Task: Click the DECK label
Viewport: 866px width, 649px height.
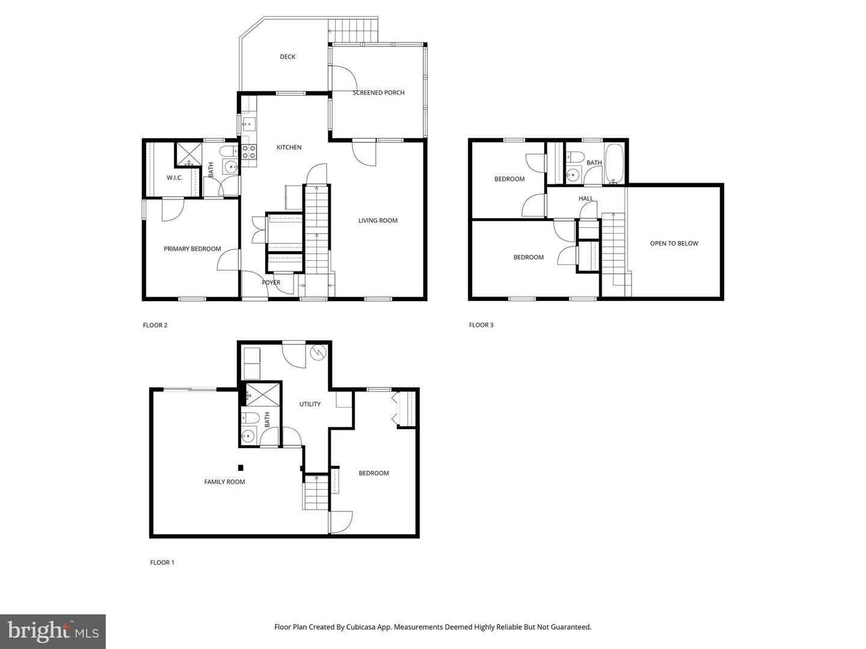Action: point(287,56)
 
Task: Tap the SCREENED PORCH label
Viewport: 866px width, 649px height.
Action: point(378,93)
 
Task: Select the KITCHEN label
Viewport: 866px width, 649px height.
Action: point(289,147)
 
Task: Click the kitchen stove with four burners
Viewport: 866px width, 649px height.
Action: point(249,151)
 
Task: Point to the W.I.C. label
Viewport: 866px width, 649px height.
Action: point(174,178)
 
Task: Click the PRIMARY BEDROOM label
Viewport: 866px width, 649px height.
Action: point(192,249)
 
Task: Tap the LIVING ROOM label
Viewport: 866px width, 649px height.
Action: point(378,221)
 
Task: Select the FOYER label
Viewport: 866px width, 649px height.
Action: point(271,282)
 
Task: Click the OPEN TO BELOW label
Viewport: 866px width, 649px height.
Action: point(674,243)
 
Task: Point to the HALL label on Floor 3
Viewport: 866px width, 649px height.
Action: point(586,198)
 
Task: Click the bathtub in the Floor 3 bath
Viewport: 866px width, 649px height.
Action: point(613,164)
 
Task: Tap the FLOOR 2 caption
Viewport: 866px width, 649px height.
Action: point(155,325)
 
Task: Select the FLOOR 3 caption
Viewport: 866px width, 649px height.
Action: point(481,325)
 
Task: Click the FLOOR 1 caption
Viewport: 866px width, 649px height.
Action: point(162,562)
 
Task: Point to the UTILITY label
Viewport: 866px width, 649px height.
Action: point(310,404)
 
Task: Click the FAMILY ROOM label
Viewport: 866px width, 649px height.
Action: point(224,481)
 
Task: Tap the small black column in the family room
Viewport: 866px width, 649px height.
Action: point(241,468)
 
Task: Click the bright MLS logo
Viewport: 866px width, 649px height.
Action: point(53,632)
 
